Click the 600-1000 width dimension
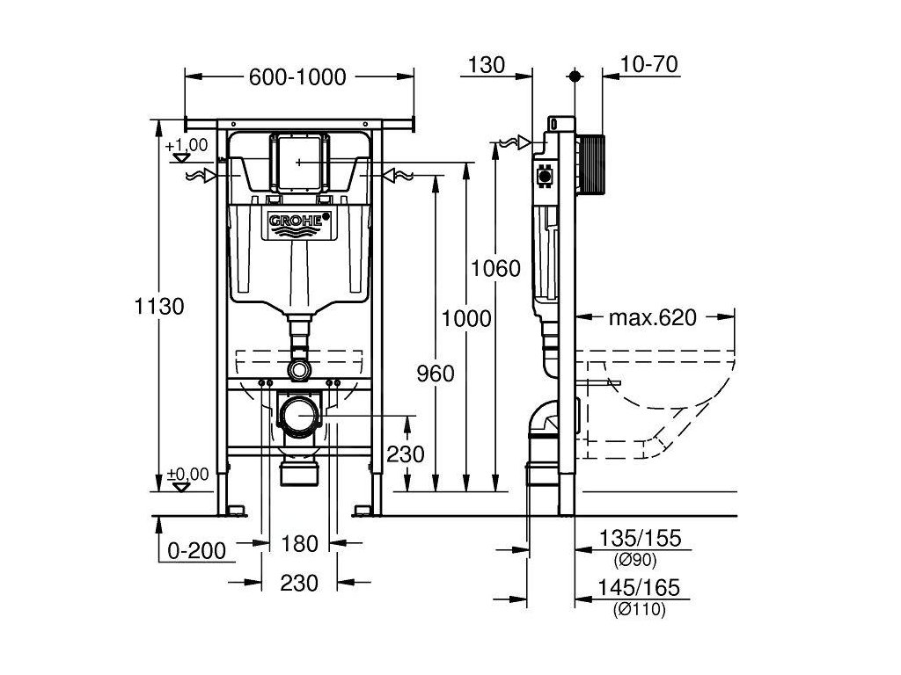(297, 77)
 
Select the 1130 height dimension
(159, 307)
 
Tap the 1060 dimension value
(495, 269)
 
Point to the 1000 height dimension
(466, 318)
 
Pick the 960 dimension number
(435, 374)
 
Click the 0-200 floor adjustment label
(196, 551)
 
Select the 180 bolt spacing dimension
(299, 543)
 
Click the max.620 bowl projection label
(653, 317)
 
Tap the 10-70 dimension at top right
(649, 64)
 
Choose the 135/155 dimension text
(640, 539)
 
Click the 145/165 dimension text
(639, 588)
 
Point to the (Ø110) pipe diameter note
(639, 610)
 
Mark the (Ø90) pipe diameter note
(635, 560)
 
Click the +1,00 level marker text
(187, 145)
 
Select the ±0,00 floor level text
(188, 475)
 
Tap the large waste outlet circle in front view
(299, 415)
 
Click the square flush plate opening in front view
(299, 163)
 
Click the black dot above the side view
(575, 76)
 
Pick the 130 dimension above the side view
(486, 65)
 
